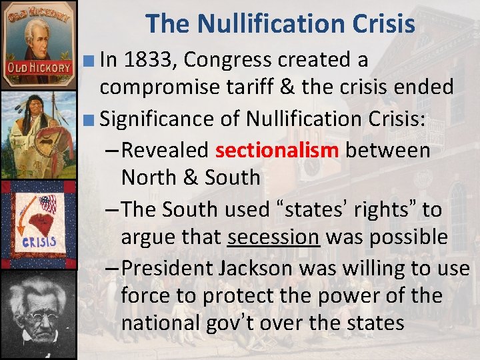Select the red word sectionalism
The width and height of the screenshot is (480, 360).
click(x=277, y=150)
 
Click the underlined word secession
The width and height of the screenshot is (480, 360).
click(x=273, y=237)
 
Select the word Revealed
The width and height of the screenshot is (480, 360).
click(x=166, y=150)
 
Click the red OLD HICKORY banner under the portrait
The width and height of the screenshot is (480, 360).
click(x=38, y=68)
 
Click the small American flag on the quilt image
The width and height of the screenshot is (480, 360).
click(x=48, y=204)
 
